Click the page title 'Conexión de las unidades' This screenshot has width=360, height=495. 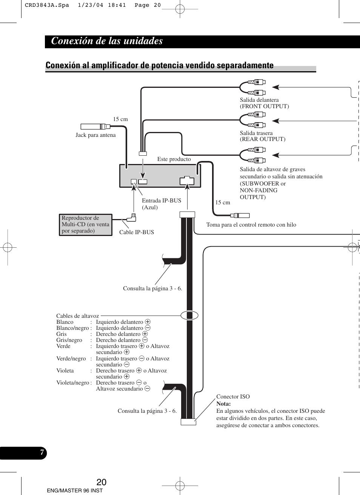tap(107, 41)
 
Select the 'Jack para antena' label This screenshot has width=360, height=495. tap(95, 135)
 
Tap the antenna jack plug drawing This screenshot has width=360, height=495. tap(95, 127)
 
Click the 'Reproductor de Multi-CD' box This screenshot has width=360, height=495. tap(86, 225)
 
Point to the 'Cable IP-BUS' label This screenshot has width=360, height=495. tap(137, 232)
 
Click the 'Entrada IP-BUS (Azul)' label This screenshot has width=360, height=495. tap(162, 204)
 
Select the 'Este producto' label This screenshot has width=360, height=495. tap(174, 159)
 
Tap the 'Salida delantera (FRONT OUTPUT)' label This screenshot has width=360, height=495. tap(264, 103)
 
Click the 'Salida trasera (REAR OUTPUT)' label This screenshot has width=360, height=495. tap(263, 136)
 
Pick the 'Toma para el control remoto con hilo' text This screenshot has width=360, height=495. tap(251, 225)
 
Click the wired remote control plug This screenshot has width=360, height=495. tap(240, 216)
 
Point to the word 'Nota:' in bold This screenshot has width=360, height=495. tap(223, 404)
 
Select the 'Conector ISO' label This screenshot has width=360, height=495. tap(233, 397)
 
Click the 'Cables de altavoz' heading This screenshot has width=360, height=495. tap(77, 316)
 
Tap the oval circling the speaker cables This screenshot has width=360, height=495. tap(189, 315)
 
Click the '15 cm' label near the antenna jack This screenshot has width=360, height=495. tap(120, 119)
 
